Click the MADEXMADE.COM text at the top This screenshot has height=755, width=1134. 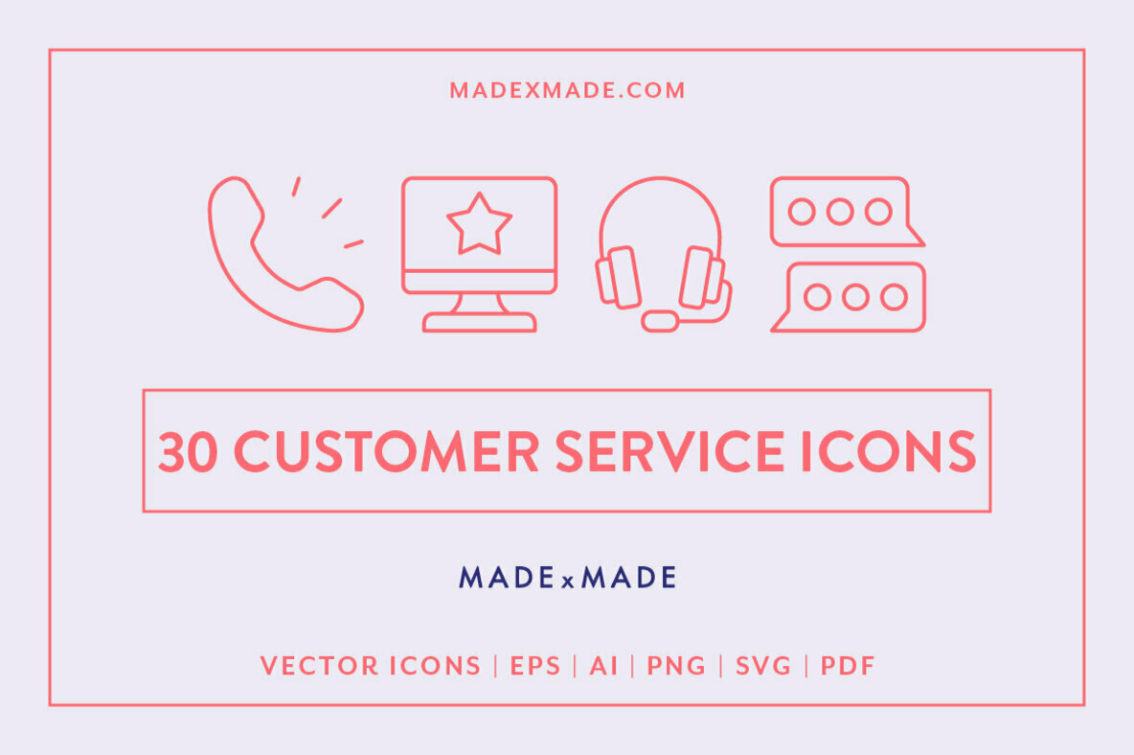567,91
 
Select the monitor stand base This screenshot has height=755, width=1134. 479,322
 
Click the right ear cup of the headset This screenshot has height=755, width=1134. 701,277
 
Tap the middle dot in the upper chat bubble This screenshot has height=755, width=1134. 840,212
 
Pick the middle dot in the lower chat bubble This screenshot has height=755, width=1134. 855,297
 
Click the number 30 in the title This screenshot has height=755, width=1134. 188,451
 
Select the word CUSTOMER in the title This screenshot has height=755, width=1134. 386,451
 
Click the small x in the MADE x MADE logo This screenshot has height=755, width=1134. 567,581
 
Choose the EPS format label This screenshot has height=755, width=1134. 535,666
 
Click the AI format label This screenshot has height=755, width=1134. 603,666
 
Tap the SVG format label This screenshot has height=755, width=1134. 763,666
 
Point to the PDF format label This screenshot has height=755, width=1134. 848,666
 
